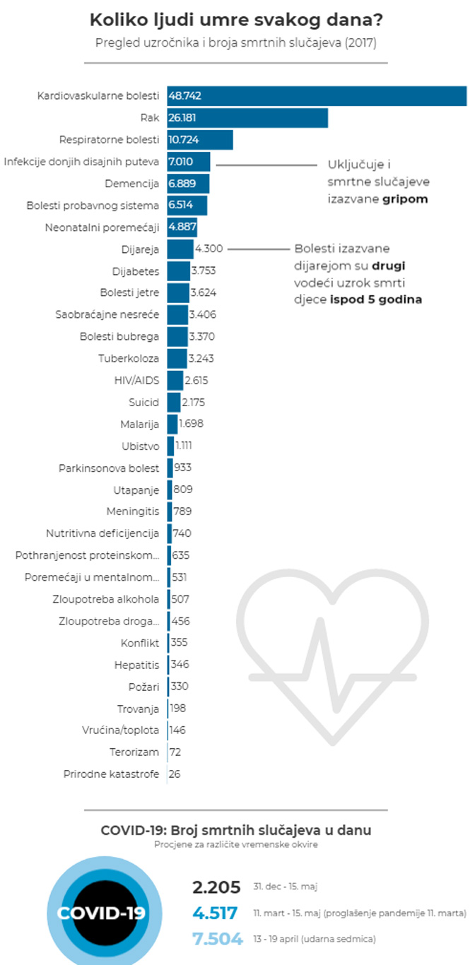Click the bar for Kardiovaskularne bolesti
(x=317, y=95)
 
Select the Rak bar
(x=247, y=117)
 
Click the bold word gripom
(x=406, y=199)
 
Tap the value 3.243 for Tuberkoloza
(x=200, y=358)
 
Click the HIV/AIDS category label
(x=137, y=380)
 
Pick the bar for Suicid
(x=173, y=402)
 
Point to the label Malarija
(x=140, y=424)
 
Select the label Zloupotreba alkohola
(x=109, y=599)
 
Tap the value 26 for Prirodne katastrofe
(x=175, y=774)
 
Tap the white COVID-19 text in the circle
(x=102, y=913)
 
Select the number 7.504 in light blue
(x=215, y=939)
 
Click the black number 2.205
(x=216, y=887)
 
